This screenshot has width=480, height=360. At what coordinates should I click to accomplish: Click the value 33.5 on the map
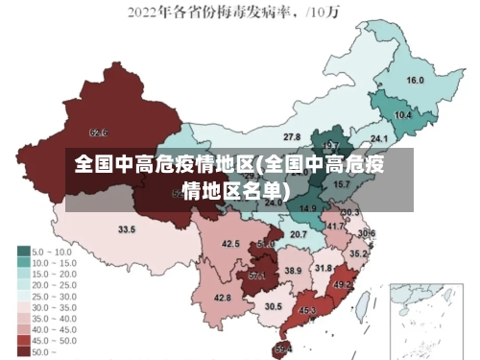point(127,229)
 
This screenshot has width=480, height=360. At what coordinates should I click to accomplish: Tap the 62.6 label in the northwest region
point(98,132)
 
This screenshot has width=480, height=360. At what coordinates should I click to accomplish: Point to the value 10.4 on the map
point(403,115)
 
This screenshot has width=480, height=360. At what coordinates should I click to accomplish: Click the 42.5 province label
point(230,244)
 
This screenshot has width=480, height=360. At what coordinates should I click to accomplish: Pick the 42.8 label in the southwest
point(222,299)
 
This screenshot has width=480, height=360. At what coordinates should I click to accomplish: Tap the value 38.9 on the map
point(293,271)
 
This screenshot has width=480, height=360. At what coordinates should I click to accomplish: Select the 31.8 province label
point(324,268)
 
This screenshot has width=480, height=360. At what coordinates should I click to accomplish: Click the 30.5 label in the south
point(274,306)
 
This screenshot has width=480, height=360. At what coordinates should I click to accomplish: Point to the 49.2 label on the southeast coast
point(342,285)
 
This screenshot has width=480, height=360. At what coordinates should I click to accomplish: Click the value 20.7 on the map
point(299,234)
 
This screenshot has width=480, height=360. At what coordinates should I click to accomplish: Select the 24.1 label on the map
point(366,140)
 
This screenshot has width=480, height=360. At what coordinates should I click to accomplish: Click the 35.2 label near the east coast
point(357,254)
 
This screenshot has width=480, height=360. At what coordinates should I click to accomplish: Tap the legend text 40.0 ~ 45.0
point(55,329)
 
